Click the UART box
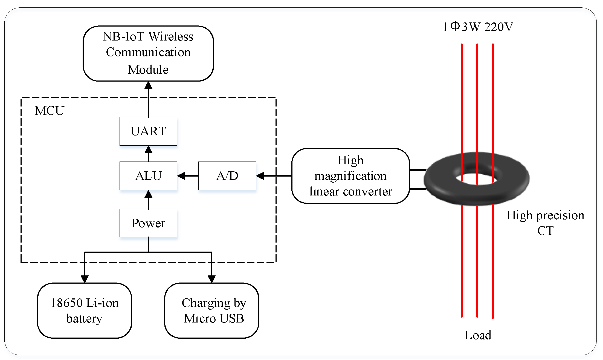pyautogui.click(x=148, y=131)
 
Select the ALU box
pyautogui.click(x=148, y=176)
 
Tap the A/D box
pyautogui.click(x=227, y=176)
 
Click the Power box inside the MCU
pyautogui.click(x=148, y=223)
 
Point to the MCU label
pyautogui.click(x=50, y=111)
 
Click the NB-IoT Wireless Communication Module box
pyautogui.click(x=148, y=53)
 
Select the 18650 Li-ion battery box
pyautogui.click(x=85, y=310)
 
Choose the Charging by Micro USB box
pyautogui.click(x=212, y=310)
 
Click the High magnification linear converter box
pyautogui.click(x=350, y=176)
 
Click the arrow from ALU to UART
pyautogui.click(x=148, y=154)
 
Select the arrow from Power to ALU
pyautogui.click(x=148, y=200)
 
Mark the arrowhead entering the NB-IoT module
pyautogui.click(x=148, y=85)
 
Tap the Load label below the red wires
pyautogui.click(x=478, y=335)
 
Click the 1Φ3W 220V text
pyautogui.click(x=478, y=27)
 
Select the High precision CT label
pyautogui.click(x=545, y=223)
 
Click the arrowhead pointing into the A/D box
pyautogui.click(x=260, y=176)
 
